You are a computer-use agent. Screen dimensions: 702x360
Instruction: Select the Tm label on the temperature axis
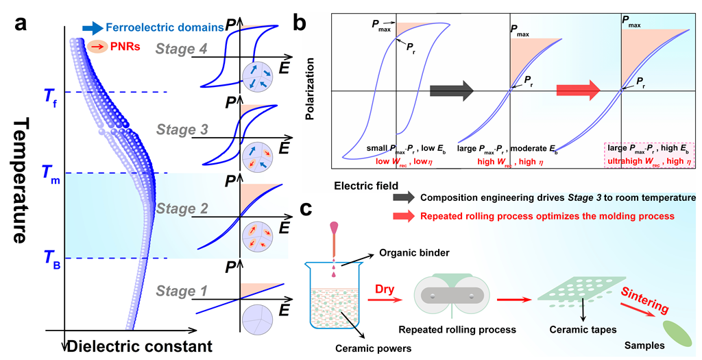pyautogui.click(x=51, y=174)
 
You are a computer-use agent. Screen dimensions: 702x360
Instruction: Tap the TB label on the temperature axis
pyautogui.click(x=51, y=259)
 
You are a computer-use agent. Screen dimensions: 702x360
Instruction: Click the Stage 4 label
pyautogui.click(x=182, y=49)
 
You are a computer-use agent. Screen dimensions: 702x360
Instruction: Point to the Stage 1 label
pyautogui.click(x=182, y=291)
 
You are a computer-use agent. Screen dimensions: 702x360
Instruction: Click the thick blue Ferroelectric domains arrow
pyautogui.click(x=93, y=28)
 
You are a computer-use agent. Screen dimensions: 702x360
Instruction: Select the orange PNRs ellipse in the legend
pyautogui.click(x=97, y=46)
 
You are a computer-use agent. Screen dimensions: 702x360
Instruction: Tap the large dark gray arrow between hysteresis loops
pyautogui.click(x=452, y=91)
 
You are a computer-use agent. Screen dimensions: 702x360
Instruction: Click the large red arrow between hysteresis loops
pyautogui.click(x=578, y=91)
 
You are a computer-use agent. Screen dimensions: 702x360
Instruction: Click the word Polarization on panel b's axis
pyautogui.click(x=310, y=88)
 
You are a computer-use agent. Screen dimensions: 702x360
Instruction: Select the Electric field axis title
pyautogui.click(x=366, y=185)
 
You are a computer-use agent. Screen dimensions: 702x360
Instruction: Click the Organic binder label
pyautogui.click(x=414, y=253)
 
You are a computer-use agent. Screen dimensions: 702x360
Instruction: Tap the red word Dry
pyautogui.click(x=385, y=289)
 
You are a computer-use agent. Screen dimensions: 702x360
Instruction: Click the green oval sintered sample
pyautogui.click(x=678, y=334)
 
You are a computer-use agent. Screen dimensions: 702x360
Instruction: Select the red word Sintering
pyautogui.click(x=644, y=300)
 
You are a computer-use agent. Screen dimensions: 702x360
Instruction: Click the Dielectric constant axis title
pyautogui.click(x=139, y=346)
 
